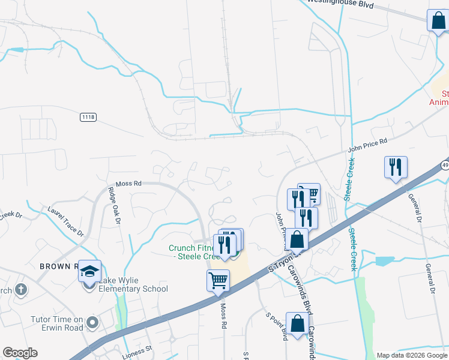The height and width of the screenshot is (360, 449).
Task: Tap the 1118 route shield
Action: click(88, 117)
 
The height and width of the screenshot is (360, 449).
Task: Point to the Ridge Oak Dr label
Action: click(113, 205)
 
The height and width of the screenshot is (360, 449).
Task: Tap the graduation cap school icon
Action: click(89, 272)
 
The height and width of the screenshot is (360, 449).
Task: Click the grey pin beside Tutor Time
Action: click(92, 323)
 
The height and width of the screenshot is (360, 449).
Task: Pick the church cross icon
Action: click(21, 290)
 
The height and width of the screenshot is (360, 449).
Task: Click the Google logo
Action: click(20, 353)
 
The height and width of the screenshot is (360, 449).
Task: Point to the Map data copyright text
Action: click(411, 355)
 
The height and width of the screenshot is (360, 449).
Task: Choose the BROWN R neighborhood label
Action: click(59, 266)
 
